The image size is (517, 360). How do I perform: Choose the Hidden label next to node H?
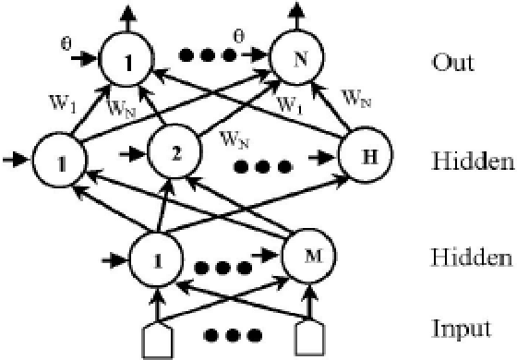[472, 162]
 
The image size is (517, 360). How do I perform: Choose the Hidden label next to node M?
[472, 256]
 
